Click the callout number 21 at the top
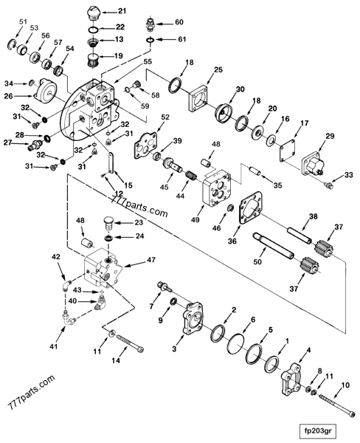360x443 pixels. pyautogui.click(x=122, y=11)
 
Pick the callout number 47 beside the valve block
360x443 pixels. pyautogui.click(x=151, y=259)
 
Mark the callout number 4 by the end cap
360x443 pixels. pyautogui.click(x=309, y=349)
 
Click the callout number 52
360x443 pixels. pyautogui.click(x=164, y=117)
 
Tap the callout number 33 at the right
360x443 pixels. pyautogui.click(x=349, y=175)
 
